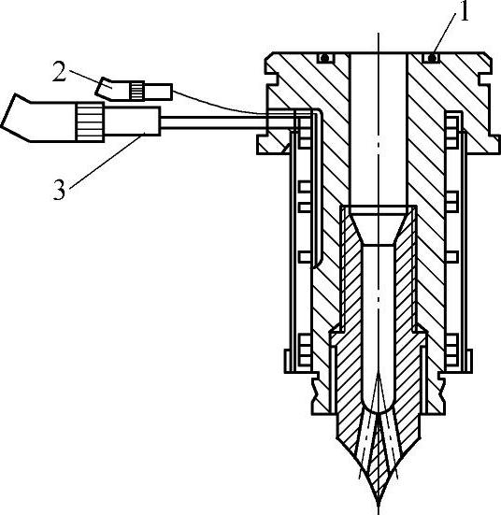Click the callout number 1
464,12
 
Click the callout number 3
59,190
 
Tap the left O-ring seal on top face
325,58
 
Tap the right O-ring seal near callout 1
433,58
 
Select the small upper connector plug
134,90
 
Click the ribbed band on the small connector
136,91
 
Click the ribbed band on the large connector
90,122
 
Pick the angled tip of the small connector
105,88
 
